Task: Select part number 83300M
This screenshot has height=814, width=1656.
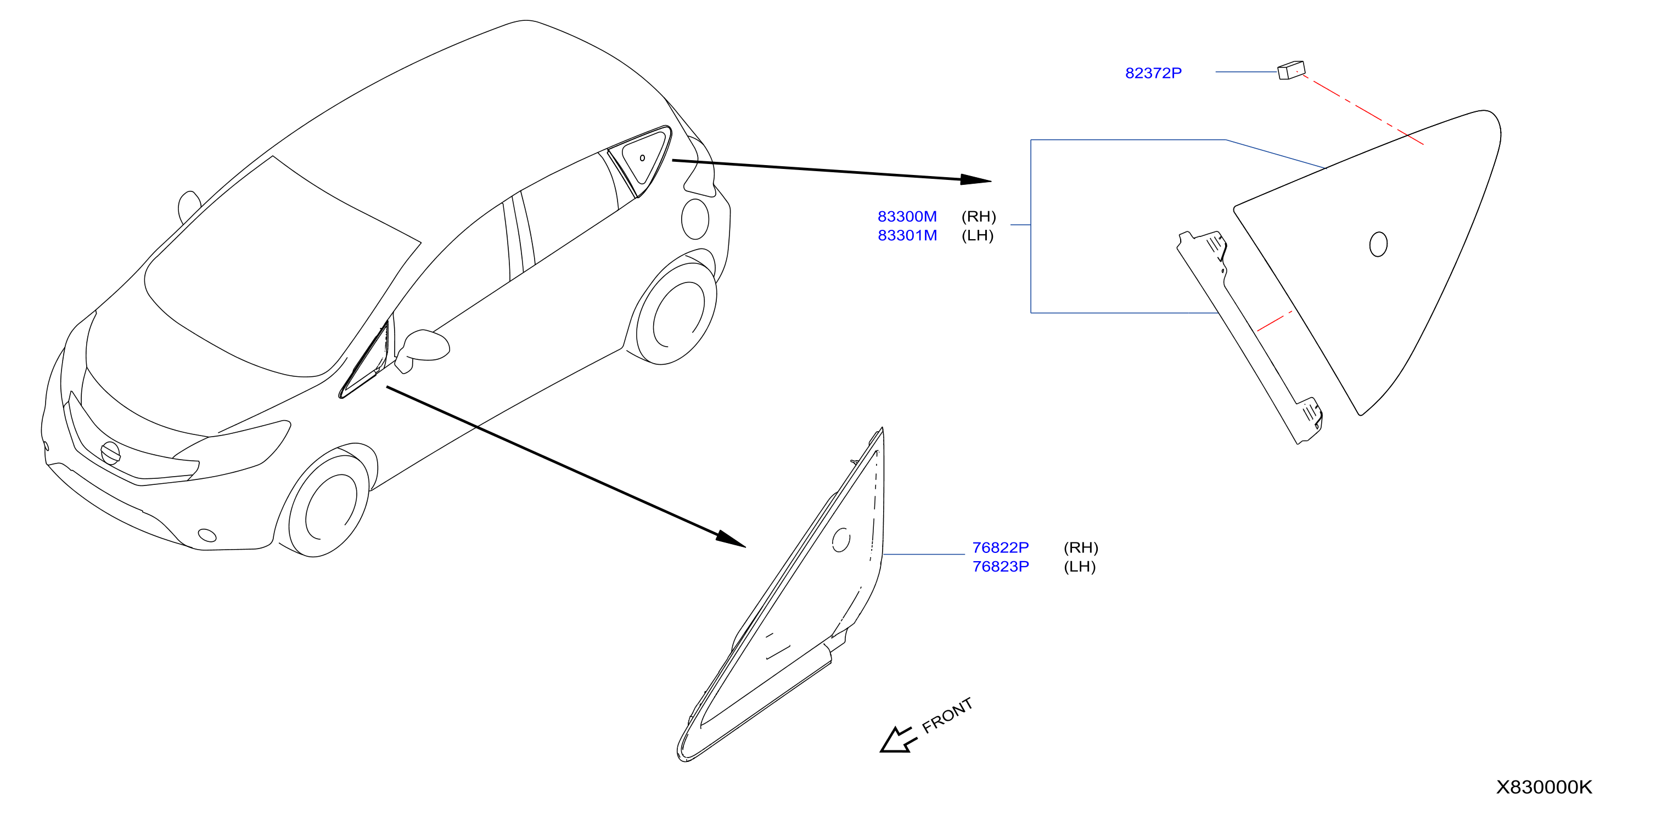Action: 907,217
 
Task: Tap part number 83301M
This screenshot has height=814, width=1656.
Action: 907,236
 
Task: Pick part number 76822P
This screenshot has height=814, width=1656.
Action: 1000,547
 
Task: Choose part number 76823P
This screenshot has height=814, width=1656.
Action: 1000,567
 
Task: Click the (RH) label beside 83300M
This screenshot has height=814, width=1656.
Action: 979,217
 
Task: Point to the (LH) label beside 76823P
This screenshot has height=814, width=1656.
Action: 1079,567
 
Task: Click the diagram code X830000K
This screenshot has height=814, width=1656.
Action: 1543,787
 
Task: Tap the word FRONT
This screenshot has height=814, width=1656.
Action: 947,715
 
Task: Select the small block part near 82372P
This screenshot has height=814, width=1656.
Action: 1291,70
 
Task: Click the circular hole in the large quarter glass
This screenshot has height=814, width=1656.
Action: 1378,244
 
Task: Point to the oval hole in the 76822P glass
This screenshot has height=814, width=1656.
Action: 841,540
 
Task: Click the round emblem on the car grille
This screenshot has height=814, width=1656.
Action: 110,453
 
